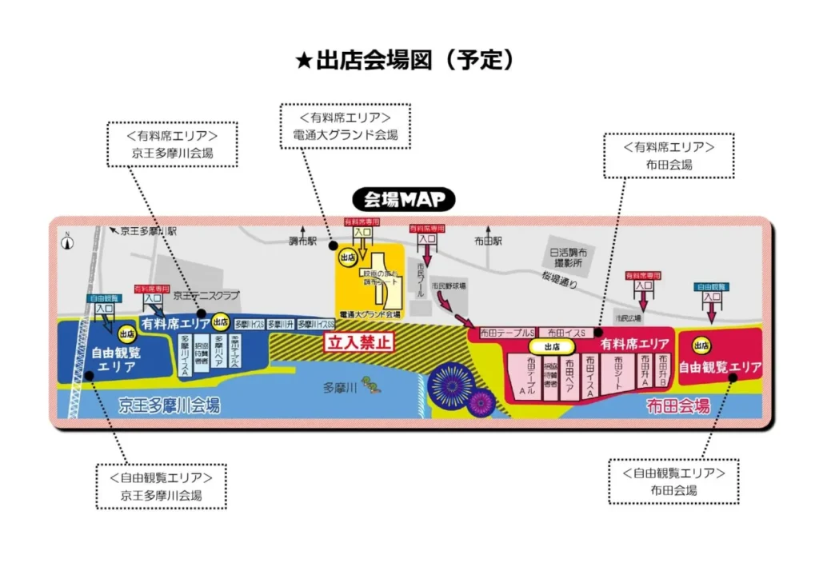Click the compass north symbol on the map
(69, 238)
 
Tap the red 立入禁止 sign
(359, 342)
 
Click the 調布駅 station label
(304, 240)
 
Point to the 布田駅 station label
(487, 240)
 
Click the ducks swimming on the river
(370, 385)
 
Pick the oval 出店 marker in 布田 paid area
(550, 346)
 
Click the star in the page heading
(303, 62)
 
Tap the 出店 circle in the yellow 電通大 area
(347, 258)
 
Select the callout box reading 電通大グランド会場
(345, 126)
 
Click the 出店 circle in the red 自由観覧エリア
(701, 345)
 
